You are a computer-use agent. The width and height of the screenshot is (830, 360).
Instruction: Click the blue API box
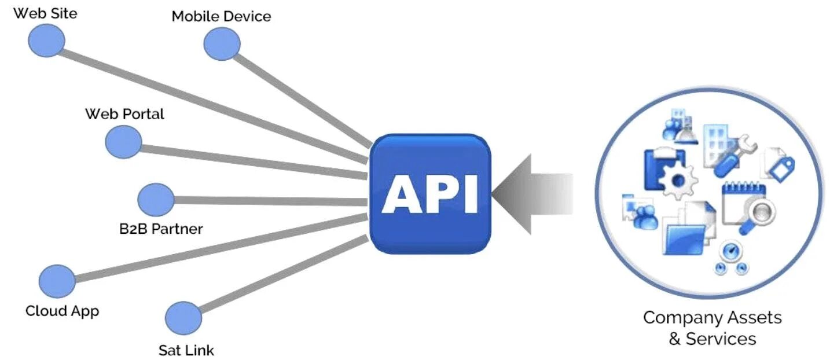[x=430, y=194]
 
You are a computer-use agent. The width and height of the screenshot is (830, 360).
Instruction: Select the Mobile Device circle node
[x=222, y=44]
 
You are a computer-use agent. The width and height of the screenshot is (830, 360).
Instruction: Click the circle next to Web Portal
[x=123, y=142]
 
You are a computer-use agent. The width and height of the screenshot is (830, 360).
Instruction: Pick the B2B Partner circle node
[x=156, y=200]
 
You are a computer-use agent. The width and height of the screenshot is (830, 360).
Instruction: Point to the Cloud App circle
[x=57, y=281]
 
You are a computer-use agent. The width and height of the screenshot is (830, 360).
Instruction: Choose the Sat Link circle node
[x=183, y=318]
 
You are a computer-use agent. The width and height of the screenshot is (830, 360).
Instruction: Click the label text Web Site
[x=45, y=13]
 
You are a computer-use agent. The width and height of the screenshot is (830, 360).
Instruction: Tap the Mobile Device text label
[x=221, y=16]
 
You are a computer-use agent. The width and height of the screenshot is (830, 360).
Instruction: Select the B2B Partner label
[x=161, y=229]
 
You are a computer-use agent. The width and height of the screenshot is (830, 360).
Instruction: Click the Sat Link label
[x=186, y=350]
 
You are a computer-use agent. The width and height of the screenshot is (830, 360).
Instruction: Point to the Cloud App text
[x=62, y=311]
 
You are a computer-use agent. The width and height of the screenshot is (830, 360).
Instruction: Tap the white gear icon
[x=678, y=179]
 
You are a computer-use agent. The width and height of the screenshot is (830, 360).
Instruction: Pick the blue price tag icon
[x=783, y=168]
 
